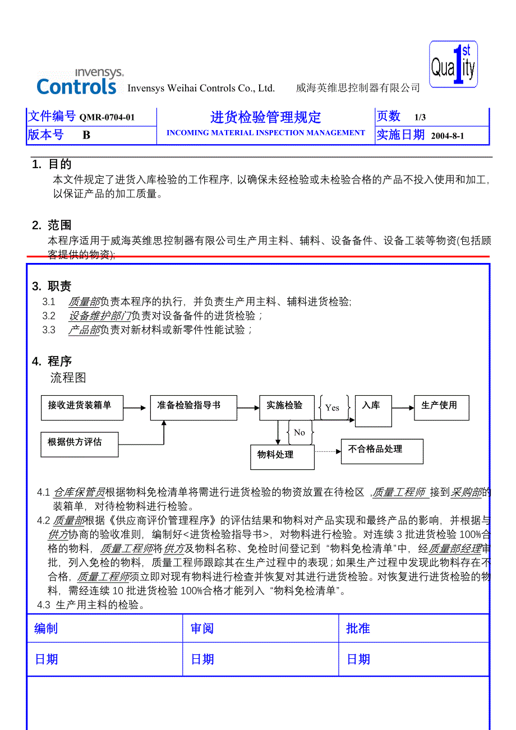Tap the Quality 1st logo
[453, 65]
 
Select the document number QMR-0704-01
[107, 117]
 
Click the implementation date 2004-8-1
[448, 136]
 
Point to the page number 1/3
[420, 117]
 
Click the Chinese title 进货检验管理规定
[265, 117]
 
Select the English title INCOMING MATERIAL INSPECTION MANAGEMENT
[265, 133]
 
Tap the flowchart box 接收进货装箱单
[82, 408]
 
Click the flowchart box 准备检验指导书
[193, 408]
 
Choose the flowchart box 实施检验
[286, 408]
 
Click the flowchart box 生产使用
[441, 408]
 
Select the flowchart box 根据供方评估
[79, 445]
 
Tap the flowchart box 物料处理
[282, 456]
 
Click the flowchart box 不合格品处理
[381, 451]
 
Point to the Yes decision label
[333, 408]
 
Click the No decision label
[300, 432]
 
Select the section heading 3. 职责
[52, 287]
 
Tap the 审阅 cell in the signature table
[260, 629]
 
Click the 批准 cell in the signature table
[413, 629]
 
